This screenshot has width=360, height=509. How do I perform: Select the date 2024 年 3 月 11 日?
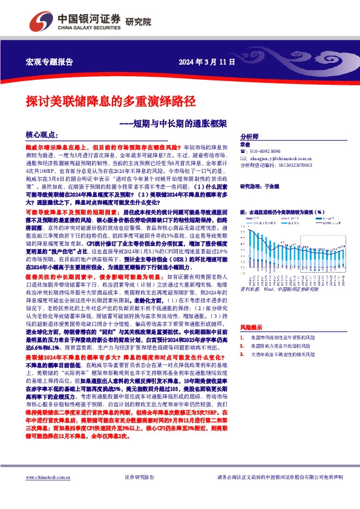203,62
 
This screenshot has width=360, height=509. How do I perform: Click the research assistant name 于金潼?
273,188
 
